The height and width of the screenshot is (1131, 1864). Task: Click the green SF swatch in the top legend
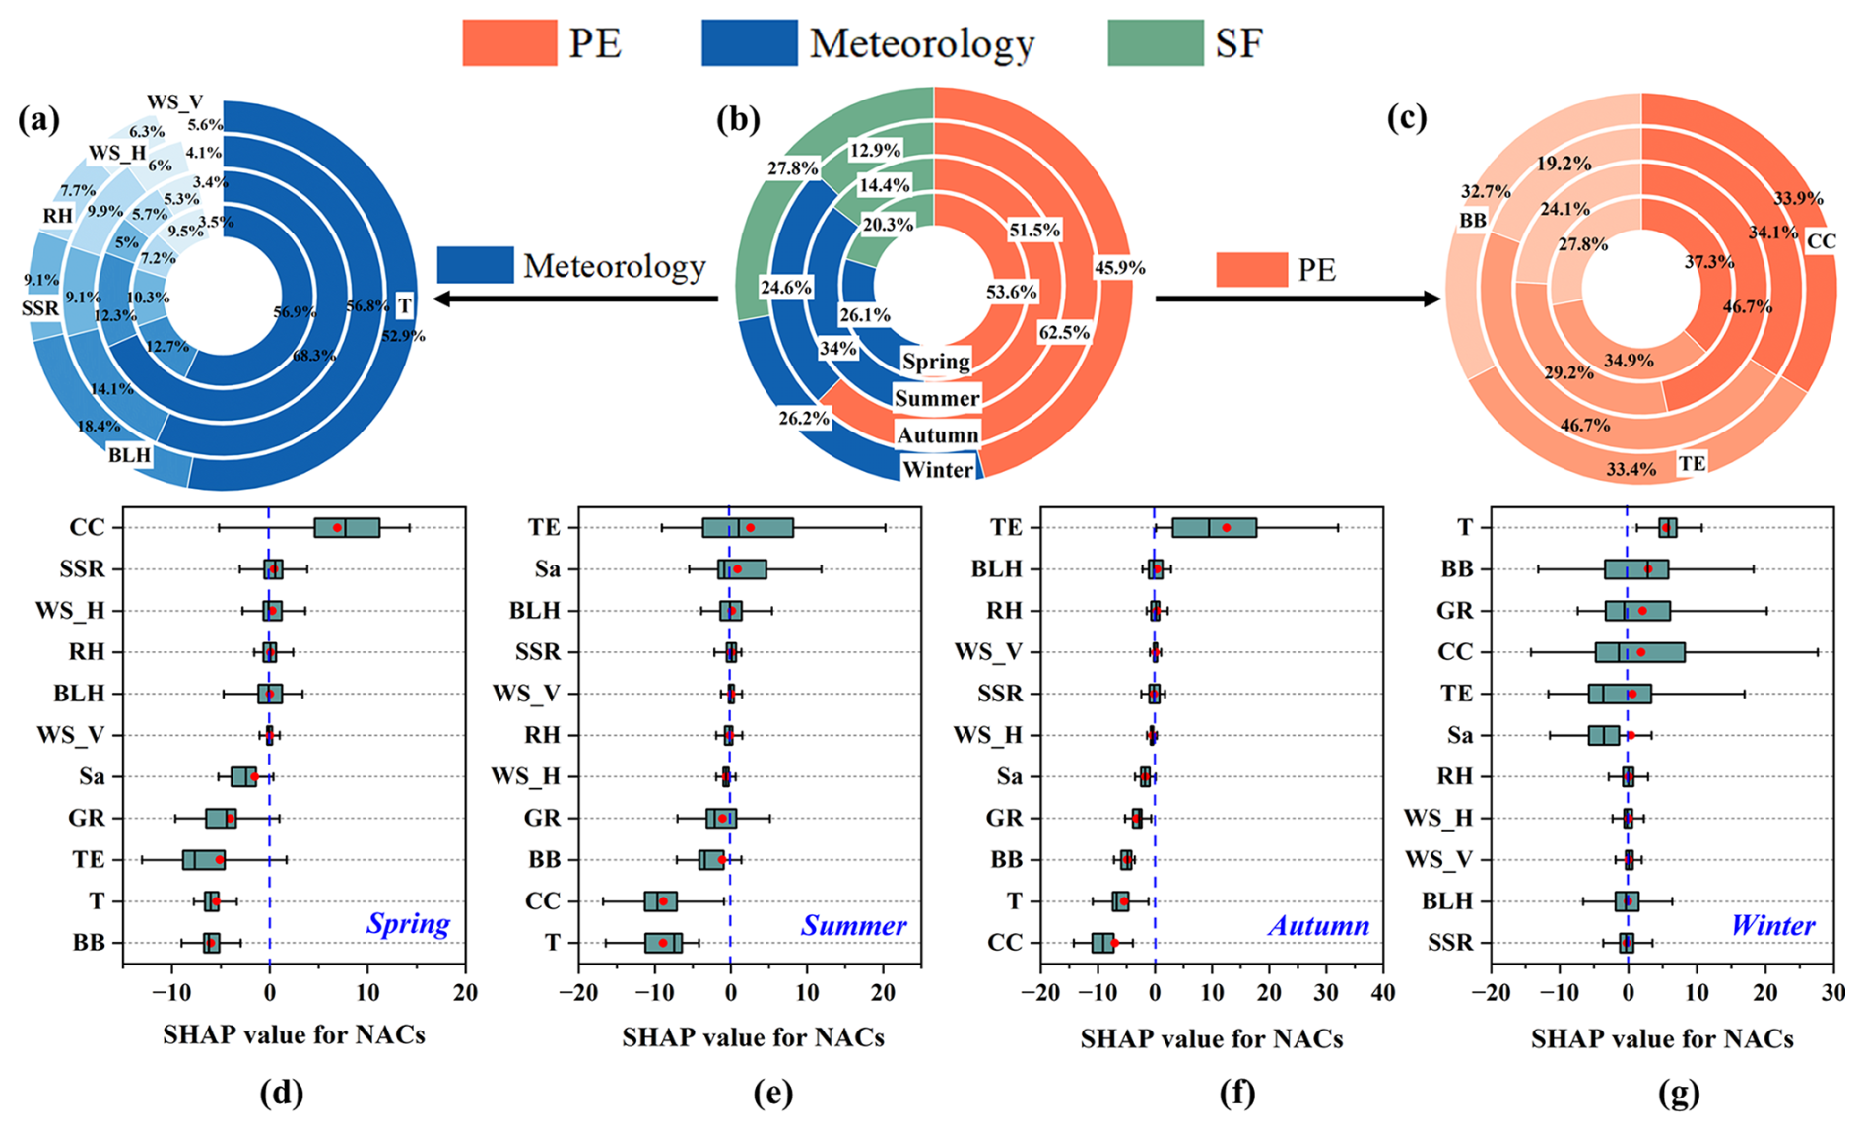pyautogui.click(x=1155, y=42)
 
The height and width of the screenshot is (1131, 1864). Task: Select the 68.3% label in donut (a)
pyautogui.click(x=314, y=355)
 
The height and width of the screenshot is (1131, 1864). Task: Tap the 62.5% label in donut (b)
pyautogui.click(x=1064, y=332)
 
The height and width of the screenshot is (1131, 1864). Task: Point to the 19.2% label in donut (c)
pyautogui.click(x=1564, y=164)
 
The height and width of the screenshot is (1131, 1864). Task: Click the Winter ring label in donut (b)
pyautogui.click(x=937, y=470)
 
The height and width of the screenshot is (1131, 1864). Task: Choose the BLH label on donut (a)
pyautogui.click(x=130, y=455)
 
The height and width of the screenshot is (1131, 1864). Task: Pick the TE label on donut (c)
pyautogui.click(x=1692, y=463)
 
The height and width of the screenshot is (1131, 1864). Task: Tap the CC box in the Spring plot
pyautogui.click(x=347, y=527)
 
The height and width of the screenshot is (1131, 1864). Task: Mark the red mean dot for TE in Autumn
pyautogui.click(x=1227, y=528)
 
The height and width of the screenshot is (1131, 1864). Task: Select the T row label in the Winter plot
pyautogui.click(x=1464, y=527)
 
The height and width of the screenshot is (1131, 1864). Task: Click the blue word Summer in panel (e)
pyautogui.click(x=853, y=925)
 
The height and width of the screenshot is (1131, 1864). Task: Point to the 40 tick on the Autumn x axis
pyautogui.click(x=1383, y=992)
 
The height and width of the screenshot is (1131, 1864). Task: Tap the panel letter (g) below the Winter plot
pyautogui.click(x=1678, y=1093)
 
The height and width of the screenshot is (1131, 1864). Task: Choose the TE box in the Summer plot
pyautogui.click(x=748, y=527)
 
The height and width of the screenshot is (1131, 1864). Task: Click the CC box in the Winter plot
pyautogui.click(x=1639, y=652)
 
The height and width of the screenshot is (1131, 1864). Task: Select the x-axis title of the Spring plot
pyautogui.click(x=294, y=1035)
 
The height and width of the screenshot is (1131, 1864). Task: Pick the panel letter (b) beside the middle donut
pyautogui.click(x=738, y=119)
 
